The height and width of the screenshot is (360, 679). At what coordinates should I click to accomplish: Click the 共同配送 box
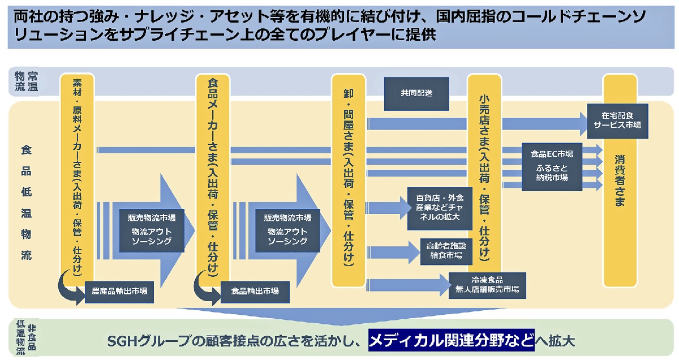pyautogui.click(x=417, y=93)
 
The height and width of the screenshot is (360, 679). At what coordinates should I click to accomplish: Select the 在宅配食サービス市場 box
pyautogui.click(x=617, y=121)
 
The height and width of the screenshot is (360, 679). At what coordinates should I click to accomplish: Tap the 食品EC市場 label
pyautogui.click(x=552, y=154)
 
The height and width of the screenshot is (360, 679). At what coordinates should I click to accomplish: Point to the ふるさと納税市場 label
pyautogui.click(x=552, y=172)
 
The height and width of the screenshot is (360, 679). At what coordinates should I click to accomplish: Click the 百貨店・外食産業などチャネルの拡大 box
pyautogui.click(x=440, y=208)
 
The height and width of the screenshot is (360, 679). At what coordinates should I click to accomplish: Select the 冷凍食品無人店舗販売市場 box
pyautogui.click(x=487, y=285)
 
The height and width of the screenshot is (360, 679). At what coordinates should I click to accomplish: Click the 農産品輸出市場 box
pyautogui.click(x=119, y=291)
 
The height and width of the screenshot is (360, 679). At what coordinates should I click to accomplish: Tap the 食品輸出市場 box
pyautogui.click(x=255, y=291)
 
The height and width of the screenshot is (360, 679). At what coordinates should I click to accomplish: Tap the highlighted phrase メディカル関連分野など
pyautogui.click(x=451, y=341)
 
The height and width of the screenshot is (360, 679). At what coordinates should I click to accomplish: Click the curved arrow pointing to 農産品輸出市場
pyautogui.click(x=71, y=283)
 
